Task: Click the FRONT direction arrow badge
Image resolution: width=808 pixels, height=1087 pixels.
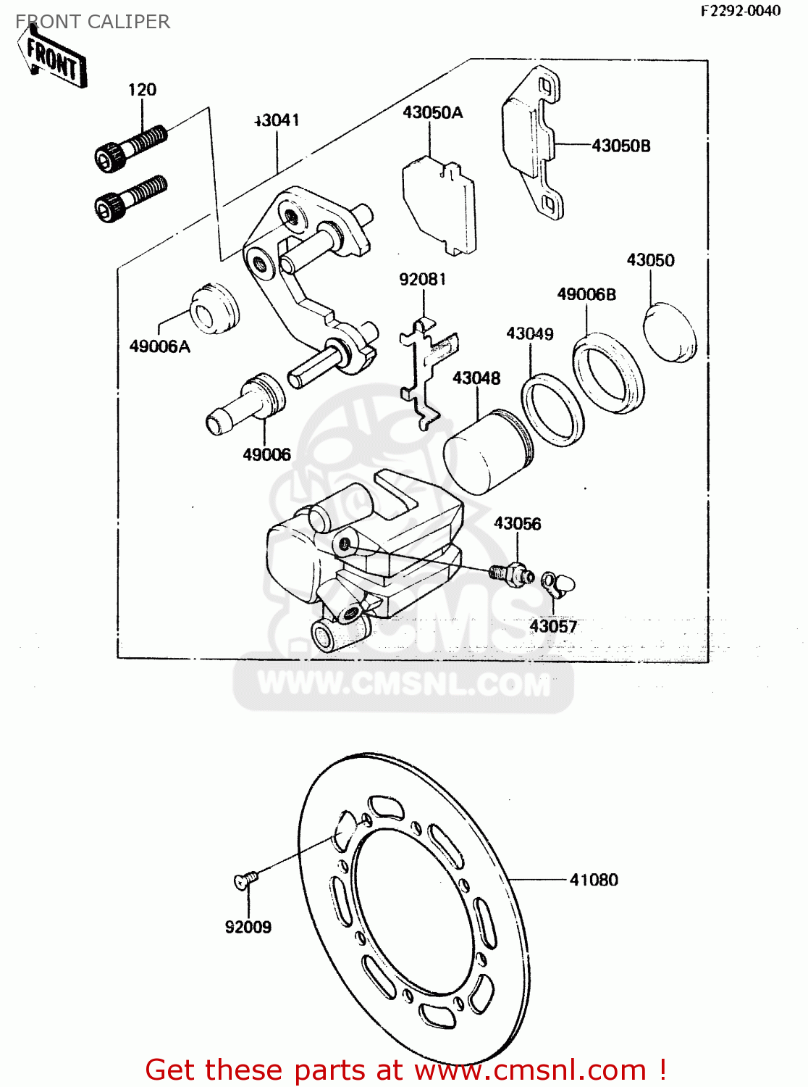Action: point(54,59)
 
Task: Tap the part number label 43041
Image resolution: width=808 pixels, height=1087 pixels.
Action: point(277,120)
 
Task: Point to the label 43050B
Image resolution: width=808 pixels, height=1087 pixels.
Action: point(620,146)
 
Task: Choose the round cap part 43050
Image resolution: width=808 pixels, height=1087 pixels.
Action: point(671,333)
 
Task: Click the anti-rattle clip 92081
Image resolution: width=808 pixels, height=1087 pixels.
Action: point(426,370)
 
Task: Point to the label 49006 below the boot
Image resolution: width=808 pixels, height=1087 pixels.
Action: point(266,454)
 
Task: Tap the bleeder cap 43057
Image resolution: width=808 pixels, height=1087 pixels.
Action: point(559,582)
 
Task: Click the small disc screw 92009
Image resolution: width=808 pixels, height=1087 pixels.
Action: point(245,880)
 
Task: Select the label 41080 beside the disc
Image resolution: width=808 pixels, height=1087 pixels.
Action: point(594,880)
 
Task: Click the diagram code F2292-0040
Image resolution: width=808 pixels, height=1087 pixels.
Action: point(740,11)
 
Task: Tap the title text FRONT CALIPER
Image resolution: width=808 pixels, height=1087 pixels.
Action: point(93,22)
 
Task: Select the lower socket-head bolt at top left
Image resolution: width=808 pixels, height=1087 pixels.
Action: point(130,198)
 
